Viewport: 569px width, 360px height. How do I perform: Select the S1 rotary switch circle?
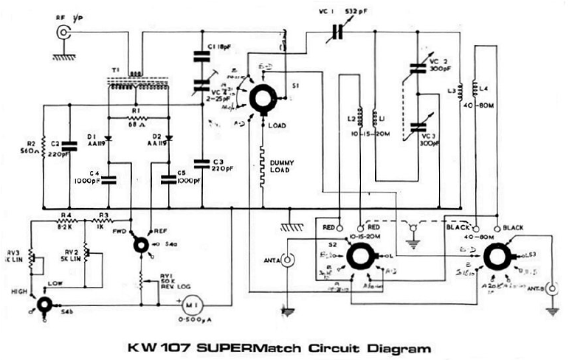[261, 97]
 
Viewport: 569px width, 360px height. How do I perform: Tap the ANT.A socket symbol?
[288, 259]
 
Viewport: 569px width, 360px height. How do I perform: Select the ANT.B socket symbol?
[549, 288]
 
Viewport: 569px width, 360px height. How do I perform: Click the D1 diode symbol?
[108, 137]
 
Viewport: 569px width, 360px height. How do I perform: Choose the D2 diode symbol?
[168, 137]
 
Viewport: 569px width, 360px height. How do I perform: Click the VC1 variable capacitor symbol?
[338, 31]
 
